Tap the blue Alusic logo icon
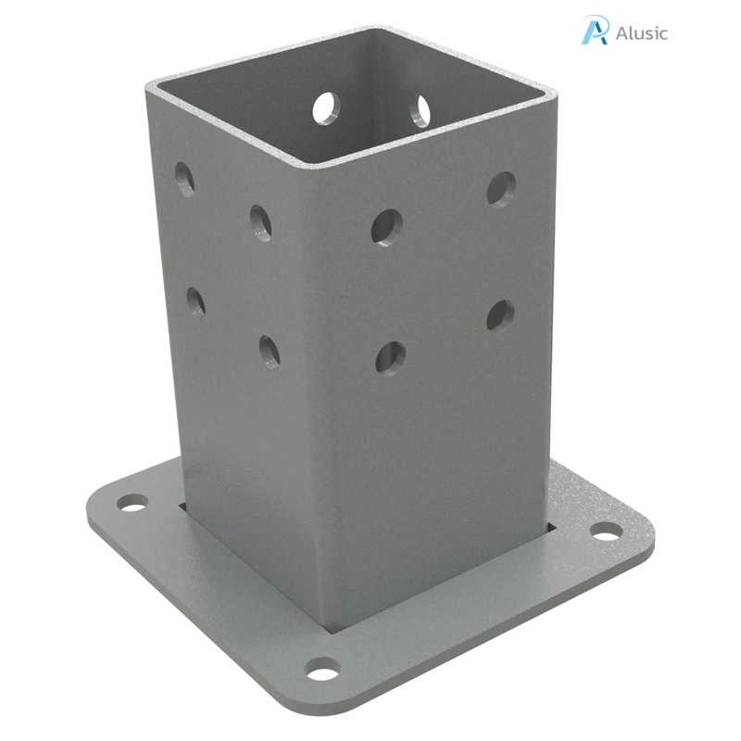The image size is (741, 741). (595, 30)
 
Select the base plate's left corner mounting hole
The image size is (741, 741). (132, 503)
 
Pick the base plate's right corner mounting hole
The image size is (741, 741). (607, 532)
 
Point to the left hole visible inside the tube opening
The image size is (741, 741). (326, 108)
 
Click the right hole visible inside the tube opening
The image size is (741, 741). (421, 110)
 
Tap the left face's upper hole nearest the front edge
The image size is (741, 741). (261, 222)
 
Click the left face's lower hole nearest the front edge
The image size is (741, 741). (270, 351)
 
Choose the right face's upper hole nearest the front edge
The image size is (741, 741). (387, 226)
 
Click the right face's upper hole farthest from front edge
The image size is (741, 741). (502, 189)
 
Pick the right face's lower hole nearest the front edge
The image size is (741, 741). (390, 358)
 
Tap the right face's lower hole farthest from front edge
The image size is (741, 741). (500, 315)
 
